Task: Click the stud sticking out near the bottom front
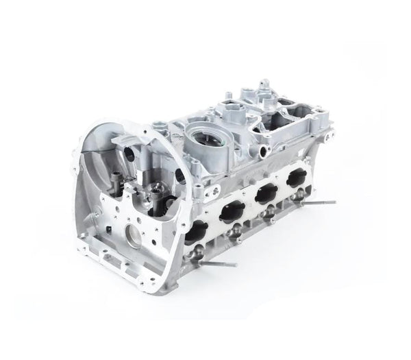(x=219, y=263)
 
